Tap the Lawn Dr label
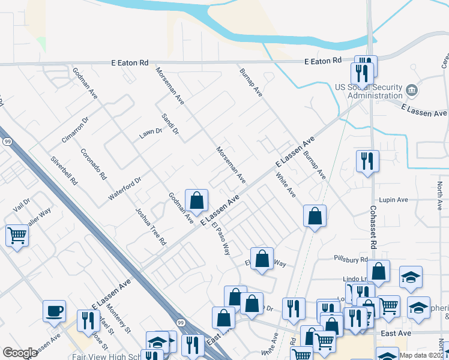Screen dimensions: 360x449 coord(151,133)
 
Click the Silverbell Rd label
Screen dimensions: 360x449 coord(64,170)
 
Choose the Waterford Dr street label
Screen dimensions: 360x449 coord(124,188)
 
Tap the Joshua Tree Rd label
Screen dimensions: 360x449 coord(150,227)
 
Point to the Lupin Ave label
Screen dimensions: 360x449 coord(394,200)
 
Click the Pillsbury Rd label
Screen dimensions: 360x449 coord(351,259)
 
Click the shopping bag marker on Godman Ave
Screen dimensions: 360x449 coord(196,200)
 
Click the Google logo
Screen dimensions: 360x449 coord(20,353)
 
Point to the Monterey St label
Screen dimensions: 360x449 coord(119,319)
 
